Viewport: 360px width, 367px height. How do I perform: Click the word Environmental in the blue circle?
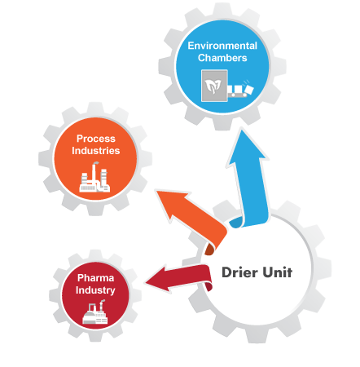coord(222,46)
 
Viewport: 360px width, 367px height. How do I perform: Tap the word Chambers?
coord(222,58)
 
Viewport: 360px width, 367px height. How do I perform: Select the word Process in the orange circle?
coord(96,139)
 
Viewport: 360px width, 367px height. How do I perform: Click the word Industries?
coord(96,151)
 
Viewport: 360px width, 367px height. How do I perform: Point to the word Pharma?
coord(95,278)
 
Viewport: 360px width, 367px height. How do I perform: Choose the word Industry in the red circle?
coord(95,290)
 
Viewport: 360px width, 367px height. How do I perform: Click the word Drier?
coord(239,272)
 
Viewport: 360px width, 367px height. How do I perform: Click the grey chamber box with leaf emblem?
coord(214,86)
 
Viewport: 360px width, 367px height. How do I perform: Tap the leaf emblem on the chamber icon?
coord(213,86)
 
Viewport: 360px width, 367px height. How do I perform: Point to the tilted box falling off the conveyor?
coord(249,90)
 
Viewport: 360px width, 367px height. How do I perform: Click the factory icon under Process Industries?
coord(94,177)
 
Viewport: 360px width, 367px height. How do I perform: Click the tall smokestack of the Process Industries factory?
coord(94,173)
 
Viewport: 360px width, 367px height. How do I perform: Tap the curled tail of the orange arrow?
coord(210,249)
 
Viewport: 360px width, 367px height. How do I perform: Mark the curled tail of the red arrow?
coord(209,286)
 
